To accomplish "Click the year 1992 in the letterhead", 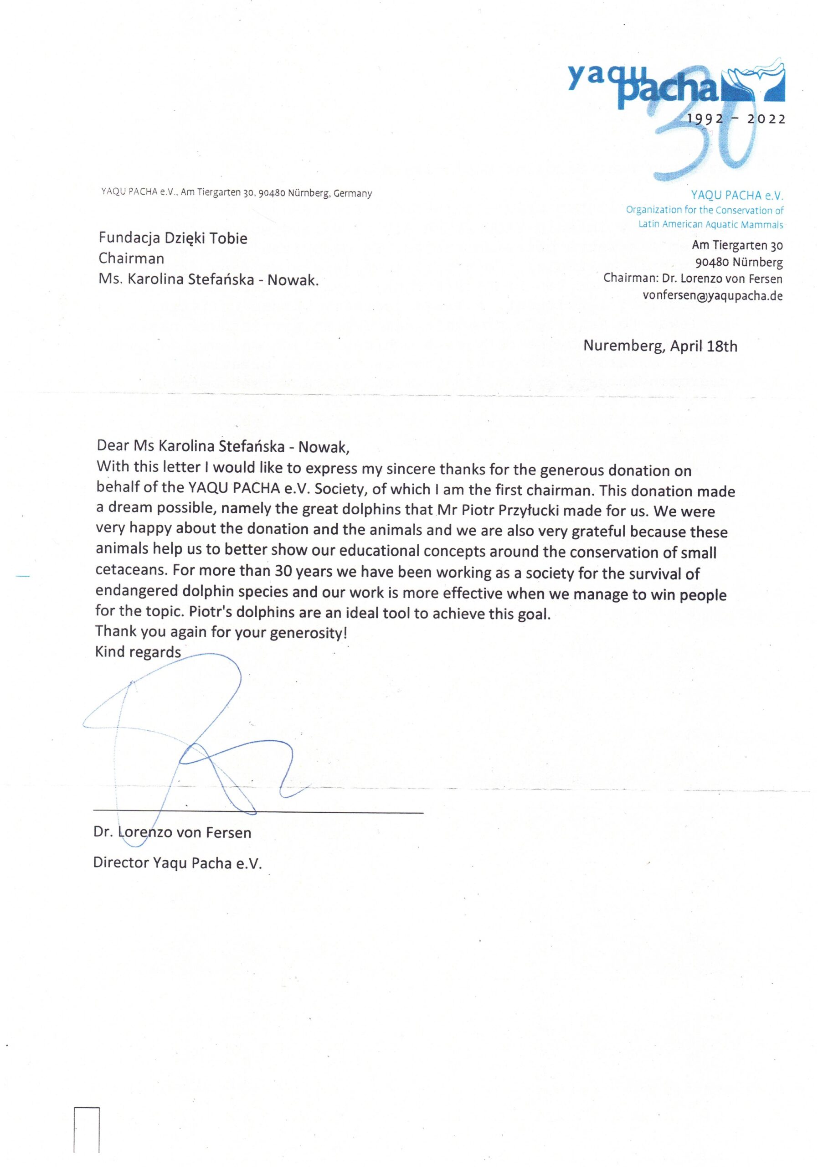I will [x=705, y=119].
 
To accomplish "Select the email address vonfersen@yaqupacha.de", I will [x=712, y=296].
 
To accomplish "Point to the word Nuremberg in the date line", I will [x=623, y=346].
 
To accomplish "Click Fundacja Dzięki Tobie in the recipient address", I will [x=173, y=238].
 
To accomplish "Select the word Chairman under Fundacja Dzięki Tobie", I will [x=131, y=259].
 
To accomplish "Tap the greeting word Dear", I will [x=113, y=446].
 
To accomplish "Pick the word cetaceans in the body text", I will [x=131, y=570].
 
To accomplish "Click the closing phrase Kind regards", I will [x=138, y=652].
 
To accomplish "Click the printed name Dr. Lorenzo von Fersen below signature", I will [x=172, y=832].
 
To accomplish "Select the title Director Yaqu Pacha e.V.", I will [x=177, y=862].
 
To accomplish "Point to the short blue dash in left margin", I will [x=23, y=576].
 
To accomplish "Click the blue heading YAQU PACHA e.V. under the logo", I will [x=737, y=195].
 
